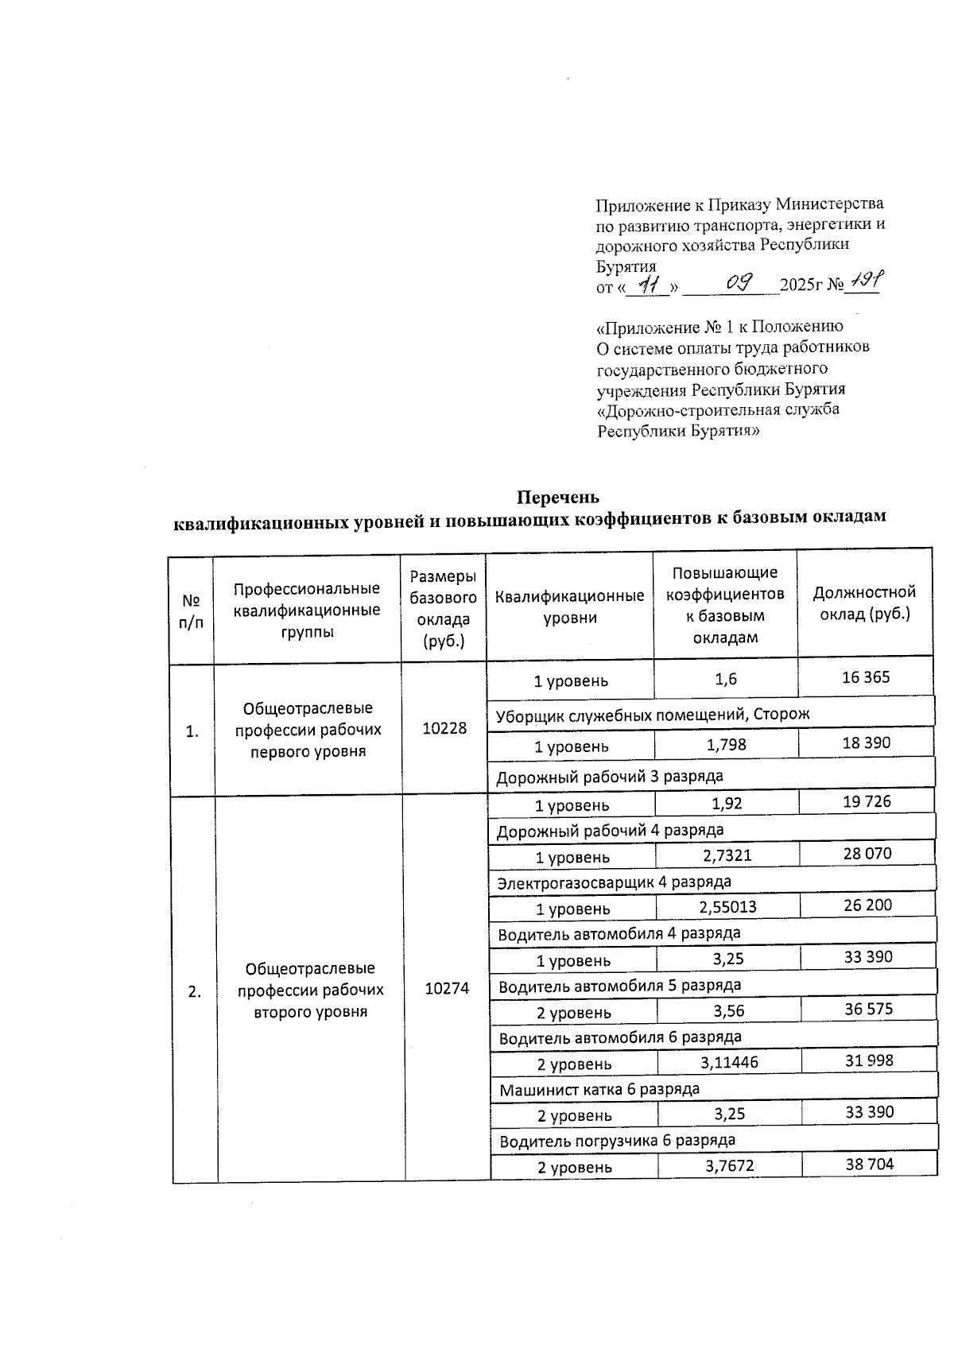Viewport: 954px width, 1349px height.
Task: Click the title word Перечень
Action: tap(556, 498)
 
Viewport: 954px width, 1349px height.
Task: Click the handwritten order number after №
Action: tap(863, 281)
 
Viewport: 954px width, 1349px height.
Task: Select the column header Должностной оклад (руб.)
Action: tap(864, 603)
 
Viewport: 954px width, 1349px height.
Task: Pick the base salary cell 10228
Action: tap(444, 728)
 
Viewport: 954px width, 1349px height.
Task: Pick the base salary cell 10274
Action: tap(447, 988)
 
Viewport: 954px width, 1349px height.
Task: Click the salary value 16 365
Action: tap(866, 677)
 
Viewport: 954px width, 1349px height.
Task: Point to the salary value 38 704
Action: tap(870, 1165)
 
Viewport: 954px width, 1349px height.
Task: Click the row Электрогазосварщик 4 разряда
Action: tap(614, 882)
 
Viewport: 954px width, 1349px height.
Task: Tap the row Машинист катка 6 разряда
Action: tap(599, 1089)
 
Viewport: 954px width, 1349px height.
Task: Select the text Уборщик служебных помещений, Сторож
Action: tap(653, 714)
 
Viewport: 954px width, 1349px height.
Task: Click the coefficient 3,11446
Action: tap(729, 1062)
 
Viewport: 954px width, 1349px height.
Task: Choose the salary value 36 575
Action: tap(868, 1010)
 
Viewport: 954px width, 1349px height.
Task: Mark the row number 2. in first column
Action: tap(195, 991)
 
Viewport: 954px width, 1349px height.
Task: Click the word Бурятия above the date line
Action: tap(626, 266)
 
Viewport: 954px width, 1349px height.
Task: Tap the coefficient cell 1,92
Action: tap(727, 804)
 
